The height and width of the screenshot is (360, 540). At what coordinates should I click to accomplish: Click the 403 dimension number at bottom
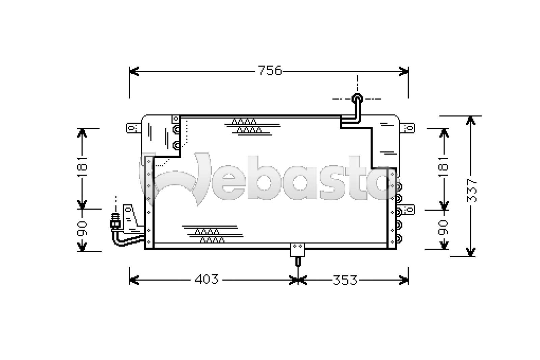click(x=207, y=279)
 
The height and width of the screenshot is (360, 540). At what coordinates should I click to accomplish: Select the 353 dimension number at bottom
click(x=345, y=280)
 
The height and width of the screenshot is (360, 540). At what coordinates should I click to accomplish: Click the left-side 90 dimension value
click(x=82, y=229)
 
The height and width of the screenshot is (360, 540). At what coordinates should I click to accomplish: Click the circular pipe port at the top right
click(x=357, y=99)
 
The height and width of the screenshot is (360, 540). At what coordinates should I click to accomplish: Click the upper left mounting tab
click(x=133, y=128)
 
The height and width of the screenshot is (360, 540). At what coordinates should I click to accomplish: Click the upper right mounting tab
click(x=408, y=128)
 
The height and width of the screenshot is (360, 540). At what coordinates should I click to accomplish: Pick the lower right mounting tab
click(x=408, y=210)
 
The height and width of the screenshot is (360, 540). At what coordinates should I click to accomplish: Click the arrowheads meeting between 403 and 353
click(x=298, y=280)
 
